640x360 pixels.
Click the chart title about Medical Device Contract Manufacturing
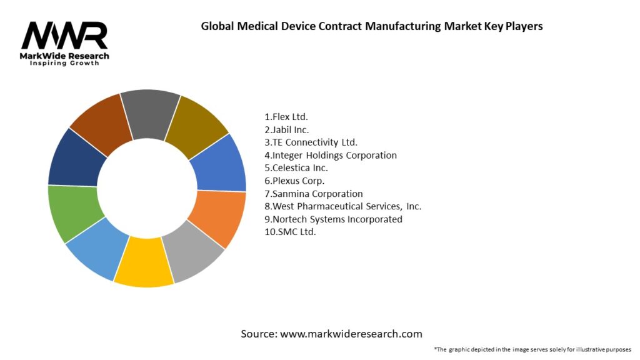pyautogui.click(x=371, y=26)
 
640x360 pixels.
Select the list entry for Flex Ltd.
pyautogui.click(x=286, y=117)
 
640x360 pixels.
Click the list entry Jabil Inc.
pyautogui.click(x=287, y=130)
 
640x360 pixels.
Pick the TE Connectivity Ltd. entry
pyautogui.click(x=311, y=142)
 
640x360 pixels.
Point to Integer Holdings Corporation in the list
pyautogui.click(x=331, y=155)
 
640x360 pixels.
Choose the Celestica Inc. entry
pyautogui.click(x=296, y=168)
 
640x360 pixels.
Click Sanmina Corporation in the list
pyautogui.click(x=314, y=194)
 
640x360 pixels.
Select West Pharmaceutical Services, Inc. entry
pyautogui.click(x=343, y=206)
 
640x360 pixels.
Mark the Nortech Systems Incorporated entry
pyautogui.click(x=334, y=219)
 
